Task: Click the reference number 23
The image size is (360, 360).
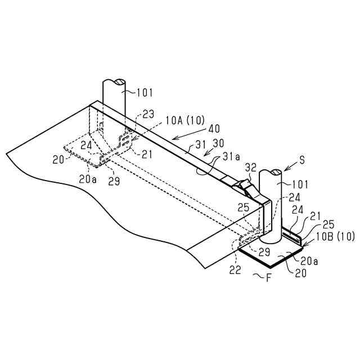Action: click(148, 113)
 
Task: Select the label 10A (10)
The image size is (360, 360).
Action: click(186, 121)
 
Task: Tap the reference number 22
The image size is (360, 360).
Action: click(236, 269)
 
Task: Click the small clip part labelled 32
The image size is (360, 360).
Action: click(245, 185)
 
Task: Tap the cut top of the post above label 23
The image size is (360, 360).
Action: click(115, 83)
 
